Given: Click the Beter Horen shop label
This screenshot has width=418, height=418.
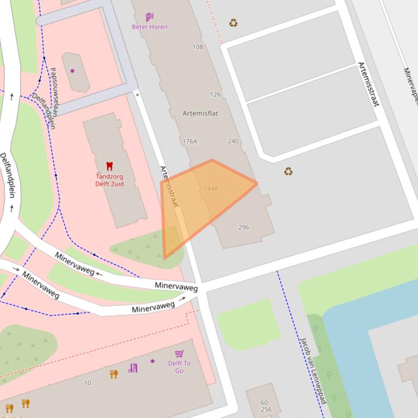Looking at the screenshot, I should pos(149,27).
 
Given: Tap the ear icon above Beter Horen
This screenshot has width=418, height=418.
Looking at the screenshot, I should pos(149,17).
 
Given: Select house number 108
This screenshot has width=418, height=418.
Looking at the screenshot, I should pos(198,47).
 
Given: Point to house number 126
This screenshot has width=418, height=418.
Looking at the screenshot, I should pos(215,94).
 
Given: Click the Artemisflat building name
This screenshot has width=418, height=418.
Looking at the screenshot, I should pos(201,113).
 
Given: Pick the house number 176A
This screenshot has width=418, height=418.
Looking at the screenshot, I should pos(190,141).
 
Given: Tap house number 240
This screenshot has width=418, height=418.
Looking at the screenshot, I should pos(233,141).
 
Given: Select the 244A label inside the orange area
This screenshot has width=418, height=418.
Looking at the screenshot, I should pos(210,188).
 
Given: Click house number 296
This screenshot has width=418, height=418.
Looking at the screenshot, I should pos(244,227).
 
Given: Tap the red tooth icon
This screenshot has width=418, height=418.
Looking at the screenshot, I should pos(109,166).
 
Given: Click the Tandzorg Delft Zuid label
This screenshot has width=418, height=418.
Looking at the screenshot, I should pos(109,180).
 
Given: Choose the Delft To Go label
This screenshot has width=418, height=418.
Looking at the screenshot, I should pos(179,367).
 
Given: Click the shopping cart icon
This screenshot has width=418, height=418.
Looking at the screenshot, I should pos(179,354).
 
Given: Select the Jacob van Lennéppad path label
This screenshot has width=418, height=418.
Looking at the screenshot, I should pos(314,370).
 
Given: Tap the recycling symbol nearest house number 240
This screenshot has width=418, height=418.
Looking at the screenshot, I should pos(288,172).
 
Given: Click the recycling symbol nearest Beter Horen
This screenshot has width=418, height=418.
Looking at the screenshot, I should pos(233,23).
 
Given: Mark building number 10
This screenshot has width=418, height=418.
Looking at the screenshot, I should pos(88,383).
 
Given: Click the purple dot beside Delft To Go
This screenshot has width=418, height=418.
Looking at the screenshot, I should pos(153,361).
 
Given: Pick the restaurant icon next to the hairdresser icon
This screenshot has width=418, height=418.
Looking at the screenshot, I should pos(114,374).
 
